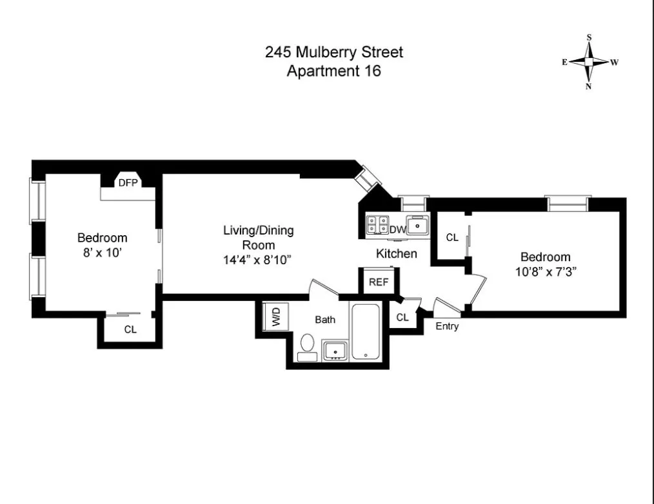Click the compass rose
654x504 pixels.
(589, 62)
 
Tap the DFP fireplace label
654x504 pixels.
(128, 182)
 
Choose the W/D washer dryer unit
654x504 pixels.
(276, 316)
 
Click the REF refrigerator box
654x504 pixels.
(377, 282)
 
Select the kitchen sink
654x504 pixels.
(418, 226)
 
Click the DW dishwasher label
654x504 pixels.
(397, 229)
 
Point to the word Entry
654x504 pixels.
(447, 326)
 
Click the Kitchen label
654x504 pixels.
(397, 253)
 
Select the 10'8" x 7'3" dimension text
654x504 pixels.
(545, 271)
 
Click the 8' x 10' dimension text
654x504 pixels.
(102, 253)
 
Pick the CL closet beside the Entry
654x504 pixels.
(402, 317)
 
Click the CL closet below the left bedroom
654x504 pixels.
(130, 329)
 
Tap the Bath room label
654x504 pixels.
(325, 319)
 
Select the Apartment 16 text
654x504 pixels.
(333, 71)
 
